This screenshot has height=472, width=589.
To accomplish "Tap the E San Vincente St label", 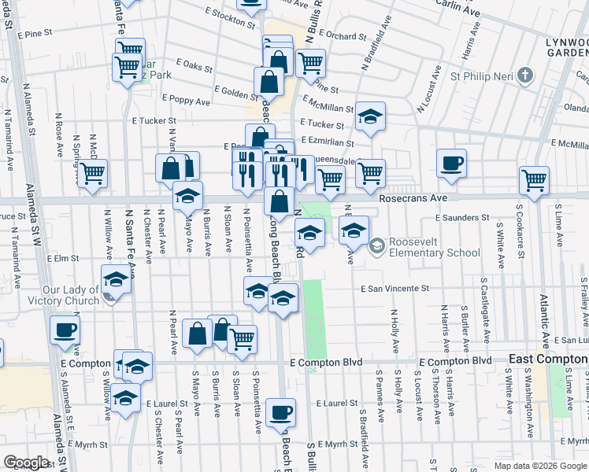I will tap(395, 289).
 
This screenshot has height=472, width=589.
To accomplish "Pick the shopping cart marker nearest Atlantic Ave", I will tap(535, 180).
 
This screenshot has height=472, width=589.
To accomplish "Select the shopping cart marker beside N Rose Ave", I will tap(93, 173).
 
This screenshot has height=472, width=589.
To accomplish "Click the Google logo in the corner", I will tap(26, 463).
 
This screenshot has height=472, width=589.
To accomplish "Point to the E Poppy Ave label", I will tap(186, 101).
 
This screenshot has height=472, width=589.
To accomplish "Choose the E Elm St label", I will tap(65, 257).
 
